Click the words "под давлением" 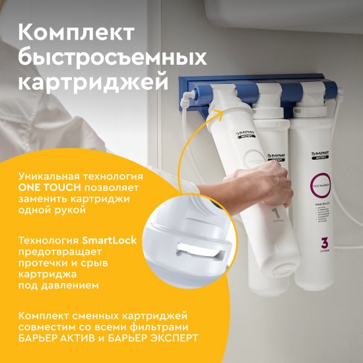click(59, 285)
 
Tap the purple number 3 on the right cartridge click(323, 242)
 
